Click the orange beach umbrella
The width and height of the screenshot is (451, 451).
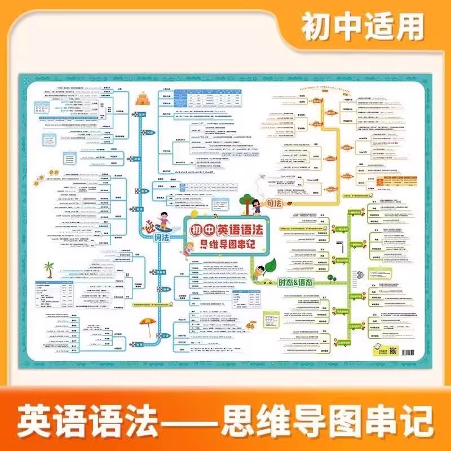point(148,326)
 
